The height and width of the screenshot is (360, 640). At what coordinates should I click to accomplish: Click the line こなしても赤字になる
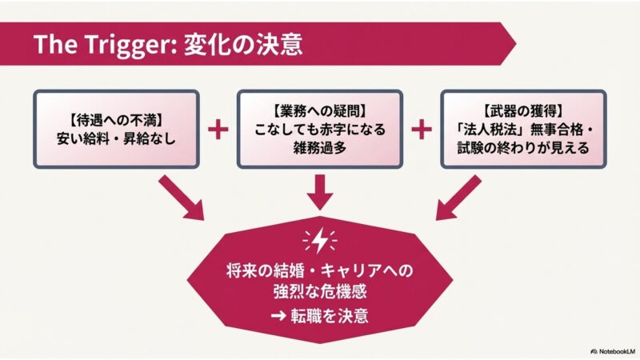pyautogui.click(x=320, y=130)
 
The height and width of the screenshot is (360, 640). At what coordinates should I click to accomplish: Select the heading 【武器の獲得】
pyautogui.click(x=523, y=113)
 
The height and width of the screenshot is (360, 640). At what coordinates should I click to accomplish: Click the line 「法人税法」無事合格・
pyautogui.click(x=523, y=130)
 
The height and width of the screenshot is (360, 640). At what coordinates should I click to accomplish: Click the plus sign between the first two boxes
pyautogui.click(x=218, y=130)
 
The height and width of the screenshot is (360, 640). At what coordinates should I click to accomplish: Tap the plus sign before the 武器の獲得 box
pyautogui.click(x=421, y=130)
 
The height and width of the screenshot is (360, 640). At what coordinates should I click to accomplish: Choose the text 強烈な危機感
pyautogui.click(x=320, y=291)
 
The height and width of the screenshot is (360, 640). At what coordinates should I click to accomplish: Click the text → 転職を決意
pyautogui.click(x=320, y=314)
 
